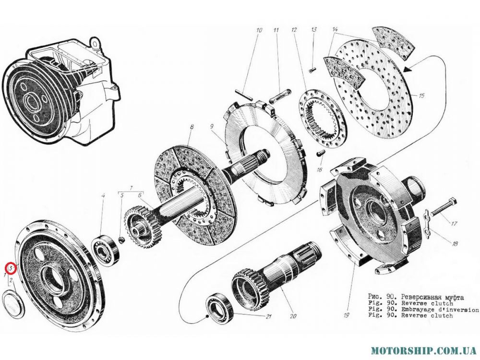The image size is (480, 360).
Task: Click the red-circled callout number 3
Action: (x=11, y=268)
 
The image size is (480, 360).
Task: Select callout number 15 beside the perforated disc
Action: (x=421, y=96)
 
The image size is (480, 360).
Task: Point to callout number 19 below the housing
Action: (x=346, y=315)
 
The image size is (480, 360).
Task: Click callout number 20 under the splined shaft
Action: (x=293, y=316)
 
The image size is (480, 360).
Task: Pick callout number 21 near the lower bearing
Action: (x=268, y=317)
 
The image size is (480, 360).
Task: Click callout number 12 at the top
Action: (x=294, y=30)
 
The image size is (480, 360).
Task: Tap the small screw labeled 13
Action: (x=312, y=71)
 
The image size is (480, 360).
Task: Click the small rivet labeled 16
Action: (x=319, y=153)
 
